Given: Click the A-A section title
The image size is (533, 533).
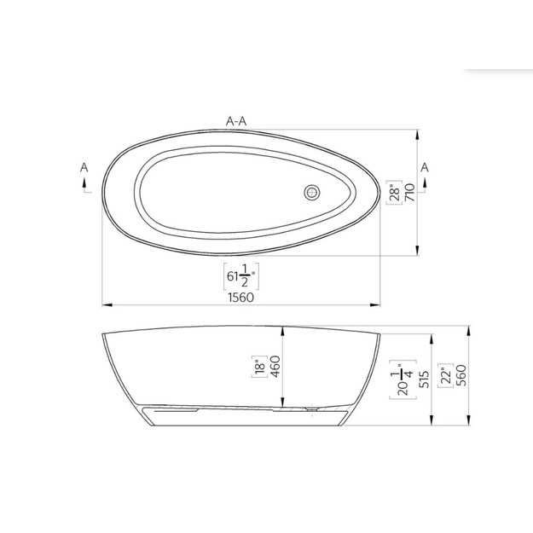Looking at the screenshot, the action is click(x=236, y=121).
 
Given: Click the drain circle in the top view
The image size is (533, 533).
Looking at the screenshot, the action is click(x=312, y=193).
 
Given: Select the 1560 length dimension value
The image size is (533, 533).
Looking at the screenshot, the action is click(x=241, y=298).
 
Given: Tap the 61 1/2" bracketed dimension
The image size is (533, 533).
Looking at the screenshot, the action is click(x=241, y=276).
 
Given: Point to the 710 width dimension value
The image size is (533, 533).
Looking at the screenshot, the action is click(x=410, y=193).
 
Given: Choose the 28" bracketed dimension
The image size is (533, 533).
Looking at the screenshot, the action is click(x=395, y=193).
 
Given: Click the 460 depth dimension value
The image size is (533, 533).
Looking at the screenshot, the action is click(x=275, y=366).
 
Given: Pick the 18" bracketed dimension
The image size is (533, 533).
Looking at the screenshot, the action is click(x=260, y=367).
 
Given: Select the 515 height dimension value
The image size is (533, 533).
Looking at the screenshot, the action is click(x=424, y=379).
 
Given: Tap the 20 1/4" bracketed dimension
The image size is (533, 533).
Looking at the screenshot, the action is click(x=403, y=379).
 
